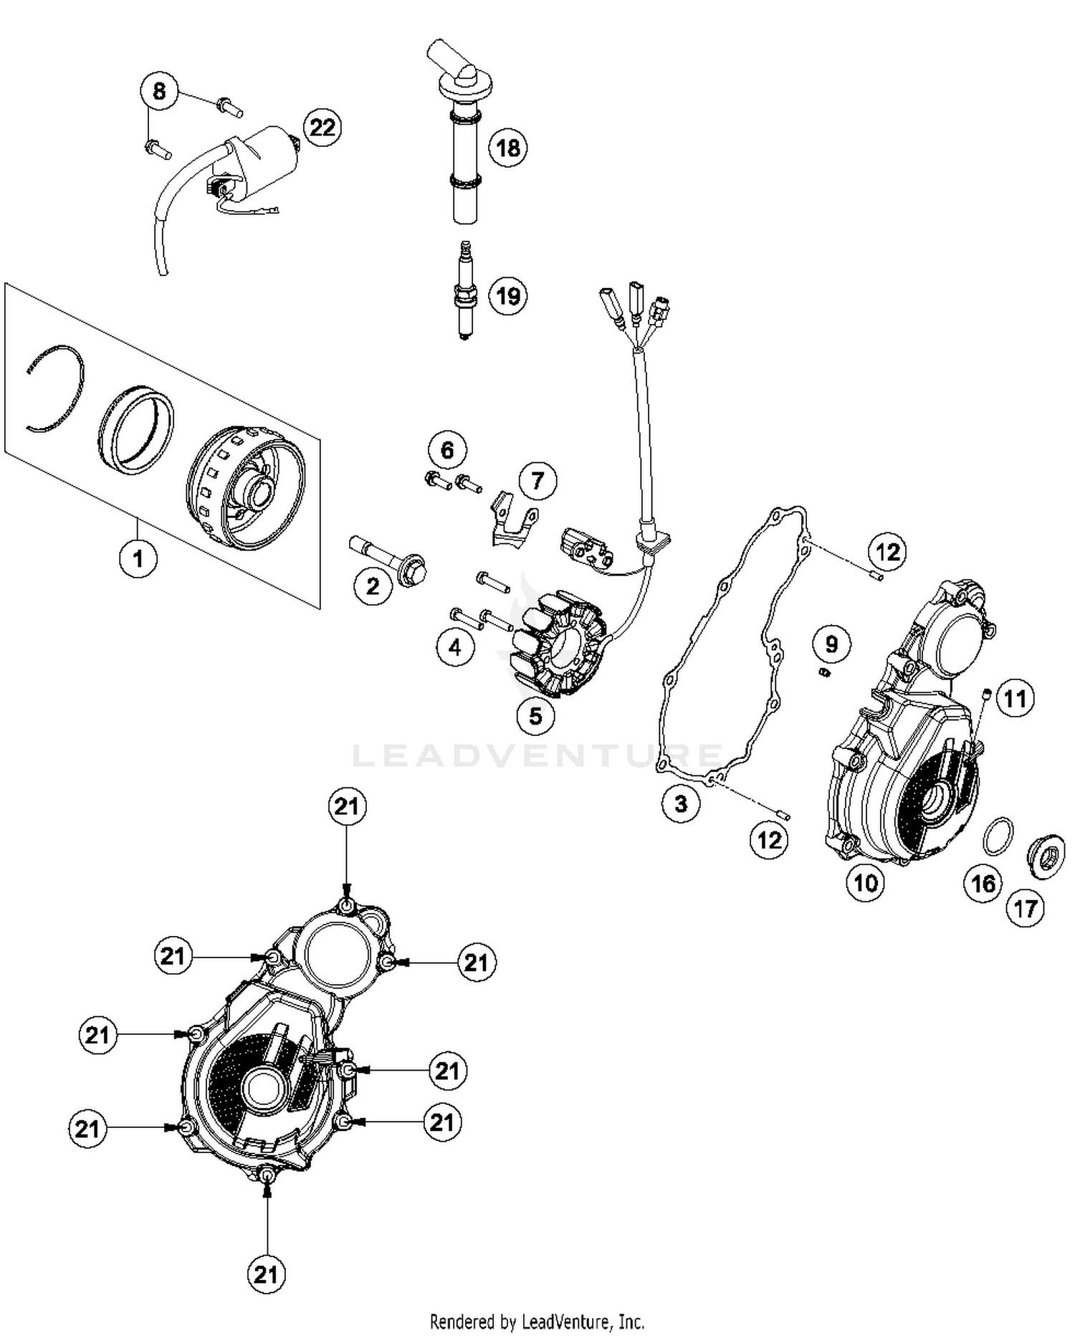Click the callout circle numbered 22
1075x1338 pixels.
pos(322,128)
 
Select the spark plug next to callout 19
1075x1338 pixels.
pos(465,291)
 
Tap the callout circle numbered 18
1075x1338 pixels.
pos(508,148)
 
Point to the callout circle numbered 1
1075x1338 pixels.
pos(138,558)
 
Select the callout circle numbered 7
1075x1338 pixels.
pos(537,481)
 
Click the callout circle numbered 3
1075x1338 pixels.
pos(680,803)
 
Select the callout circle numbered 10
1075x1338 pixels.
pos(865,882)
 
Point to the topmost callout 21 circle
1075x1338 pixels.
pos(347,806)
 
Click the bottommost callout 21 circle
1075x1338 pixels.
pos(266,1274)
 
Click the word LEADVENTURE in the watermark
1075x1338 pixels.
pos(537,755)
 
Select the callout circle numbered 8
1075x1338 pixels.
pos(159,91)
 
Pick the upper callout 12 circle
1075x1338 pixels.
pos(887,552)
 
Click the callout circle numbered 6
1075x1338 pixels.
pos(447,450)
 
